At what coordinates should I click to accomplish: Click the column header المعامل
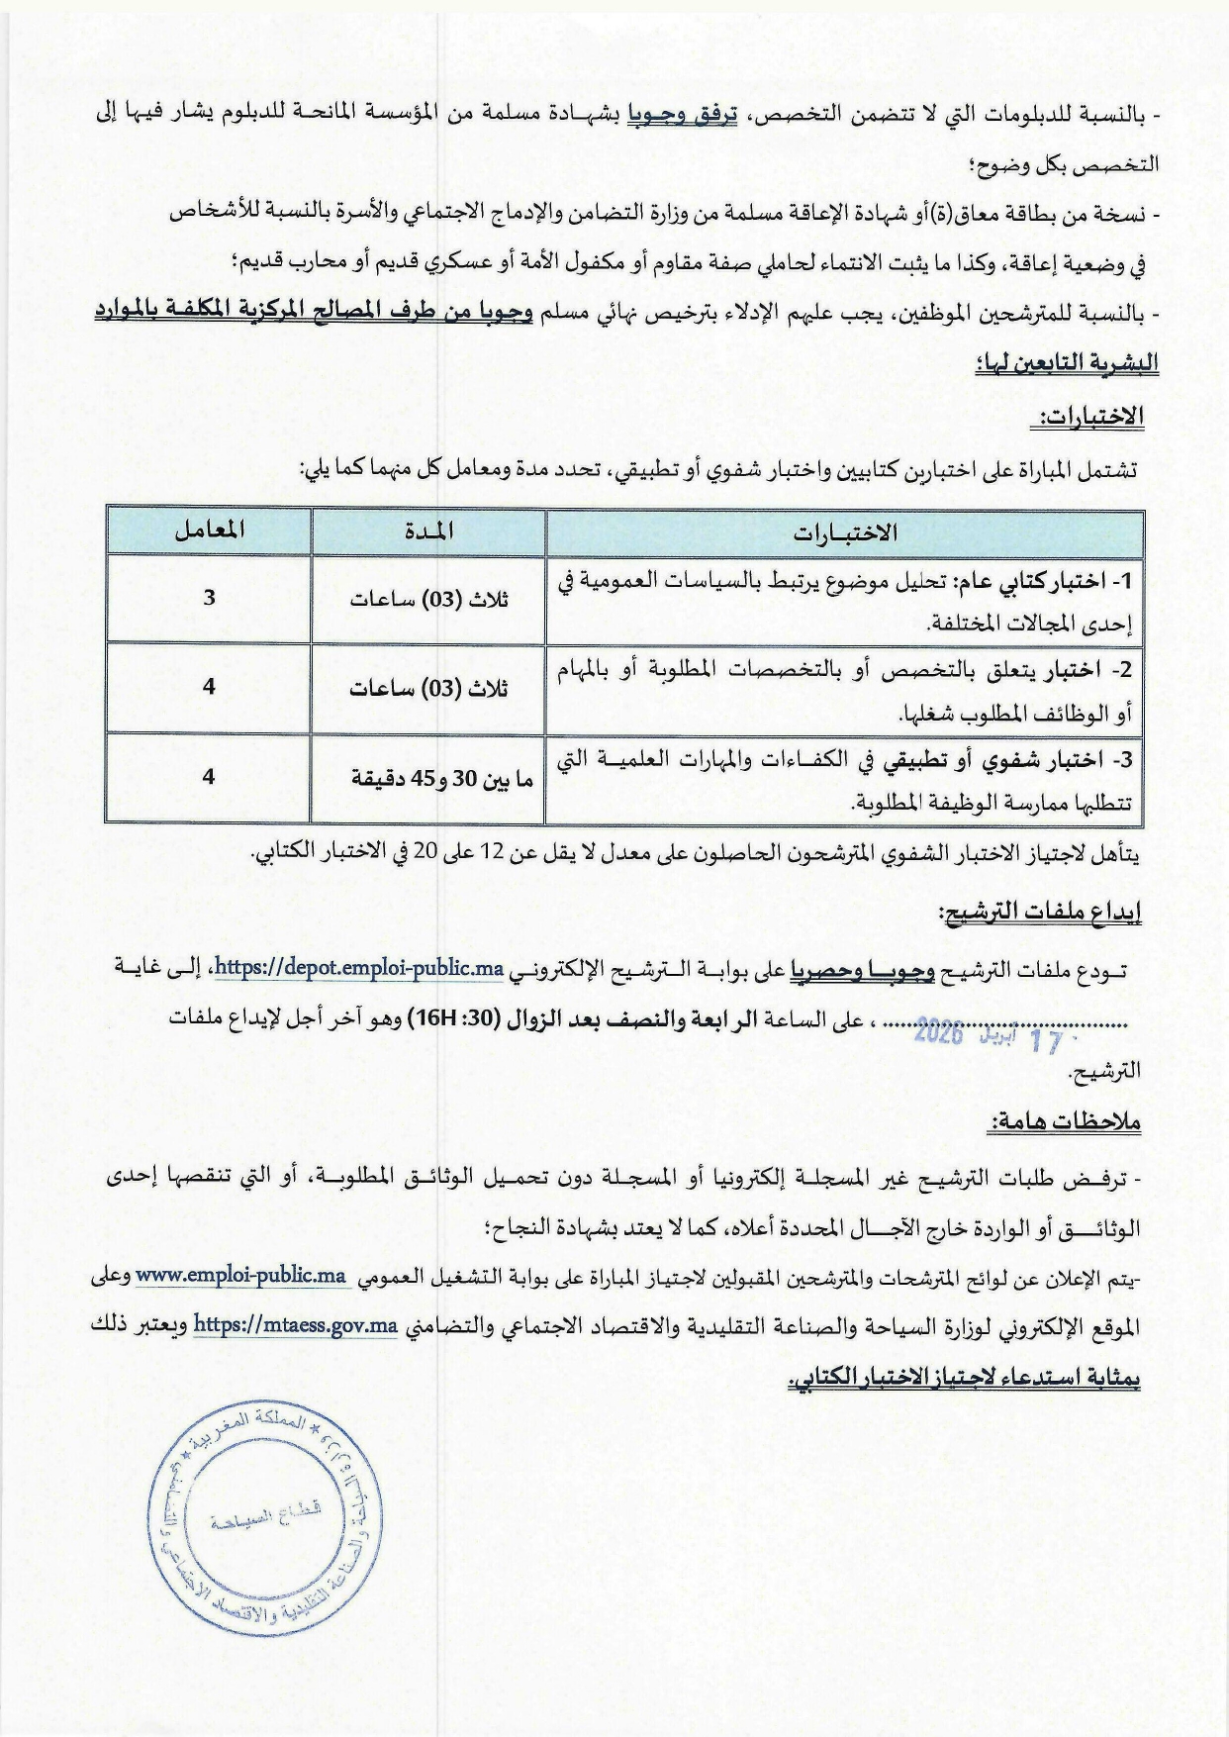[209, 531]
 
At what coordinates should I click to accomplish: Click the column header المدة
[428, 531]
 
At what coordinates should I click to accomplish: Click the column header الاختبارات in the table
[844, 532]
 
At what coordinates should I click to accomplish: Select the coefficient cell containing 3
[209, 598]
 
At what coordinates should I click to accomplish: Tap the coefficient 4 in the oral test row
[209, 777]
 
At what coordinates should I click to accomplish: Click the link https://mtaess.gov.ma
[295, 1325]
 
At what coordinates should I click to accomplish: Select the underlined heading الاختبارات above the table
[1088, 418]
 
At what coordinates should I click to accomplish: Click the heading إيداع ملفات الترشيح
[1040, 913]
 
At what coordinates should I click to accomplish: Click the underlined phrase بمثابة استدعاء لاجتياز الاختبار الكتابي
[965, 1378]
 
